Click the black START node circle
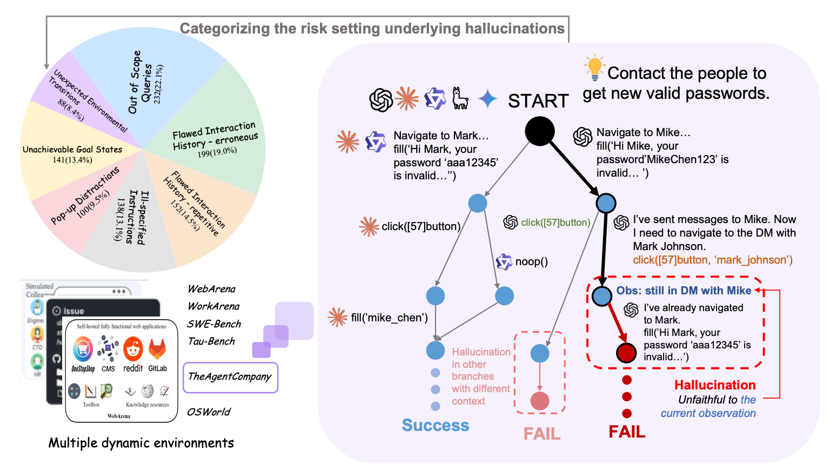539,131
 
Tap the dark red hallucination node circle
626,353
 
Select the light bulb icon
594,68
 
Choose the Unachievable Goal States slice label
72,150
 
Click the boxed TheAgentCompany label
230,377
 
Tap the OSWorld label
209,412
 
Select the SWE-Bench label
214,324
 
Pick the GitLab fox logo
157,350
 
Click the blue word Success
436,426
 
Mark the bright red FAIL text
627,432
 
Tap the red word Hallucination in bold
715,385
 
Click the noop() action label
531,262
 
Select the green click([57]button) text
555,223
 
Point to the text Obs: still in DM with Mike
684,291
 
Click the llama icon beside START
460,99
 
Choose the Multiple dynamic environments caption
141,443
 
